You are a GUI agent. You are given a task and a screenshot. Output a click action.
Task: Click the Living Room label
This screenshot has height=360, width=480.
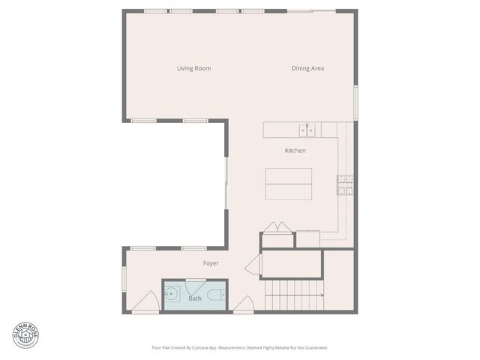[193, 69]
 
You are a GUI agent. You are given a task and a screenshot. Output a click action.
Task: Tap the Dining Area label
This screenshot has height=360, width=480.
[307, 69]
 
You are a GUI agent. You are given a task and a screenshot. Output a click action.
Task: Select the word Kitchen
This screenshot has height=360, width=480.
[295, 151]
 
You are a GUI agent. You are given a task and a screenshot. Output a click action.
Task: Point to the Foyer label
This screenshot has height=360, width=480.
[211, 263]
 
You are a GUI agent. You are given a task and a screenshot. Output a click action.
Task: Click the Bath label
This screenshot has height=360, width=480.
[195, 298]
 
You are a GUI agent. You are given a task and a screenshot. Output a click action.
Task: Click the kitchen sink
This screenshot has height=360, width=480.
[307, 130]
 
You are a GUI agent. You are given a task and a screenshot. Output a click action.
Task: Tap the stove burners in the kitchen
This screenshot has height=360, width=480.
[345, 184]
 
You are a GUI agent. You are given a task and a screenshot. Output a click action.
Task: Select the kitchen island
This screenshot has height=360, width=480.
[288, 184]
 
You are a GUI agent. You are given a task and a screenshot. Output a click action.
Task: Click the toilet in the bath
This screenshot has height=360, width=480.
[215, 297]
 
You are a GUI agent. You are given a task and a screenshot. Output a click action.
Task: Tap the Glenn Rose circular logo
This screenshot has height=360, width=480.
[25, 335]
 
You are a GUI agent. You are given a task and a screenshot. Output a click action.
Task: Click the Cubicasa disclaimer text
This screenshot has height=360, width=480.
[239, 348]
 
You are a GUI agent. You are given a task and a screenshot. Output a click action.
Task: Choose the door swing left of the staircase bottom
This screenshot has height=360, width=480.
[244, 304]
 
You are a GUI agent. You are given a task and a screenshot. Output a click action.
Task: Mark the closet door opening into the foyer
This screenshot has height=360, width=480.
[253, 265]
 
